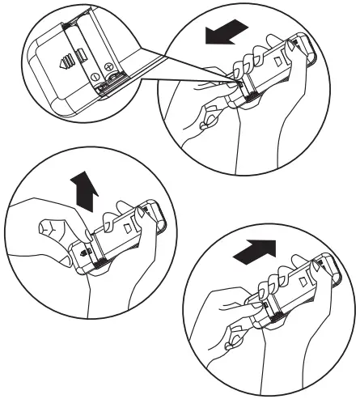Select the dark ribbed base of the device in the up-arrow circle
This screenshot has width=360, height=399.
tap(95, 261)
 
